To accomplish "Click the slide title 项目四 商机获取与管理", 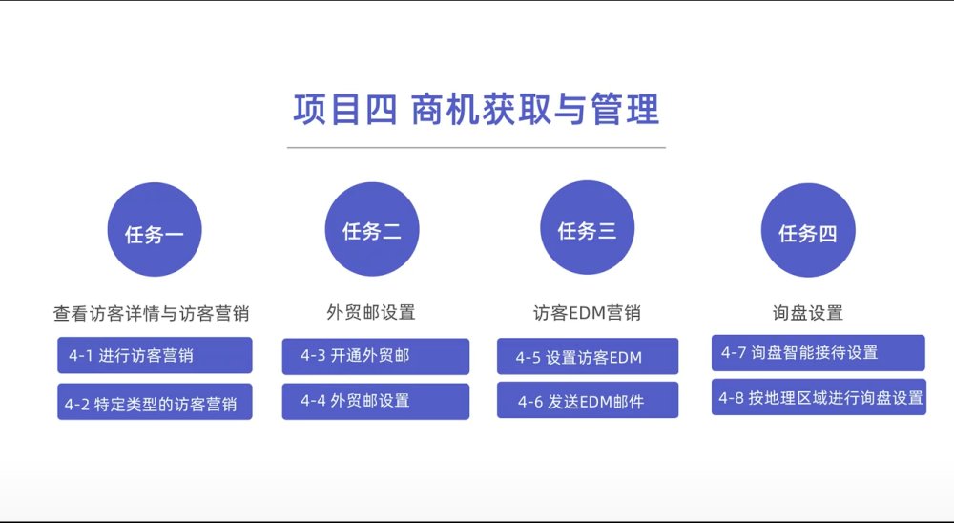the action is (476, 110).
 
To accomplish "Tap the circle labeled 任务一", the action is (155, 230).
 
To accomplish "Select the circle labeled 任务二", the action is (372, 229).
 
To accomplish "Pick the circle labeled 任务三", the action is (587, 227).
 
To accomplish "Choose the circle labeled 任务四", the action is (808, 230).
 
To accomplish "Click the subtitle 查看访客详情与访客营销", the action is (152, 314).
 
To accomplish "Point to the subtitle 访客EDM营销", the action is (587, 313).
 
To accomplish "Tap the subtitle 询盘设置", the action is (808, 313).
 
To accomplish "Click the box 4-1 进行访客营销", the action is (155, 355).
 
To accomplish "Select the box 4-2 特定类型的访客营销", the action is (155, 401).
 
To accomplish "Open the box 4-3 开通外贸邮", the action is (375, 356).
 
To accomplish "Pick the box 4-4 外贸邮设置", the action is (375, 401).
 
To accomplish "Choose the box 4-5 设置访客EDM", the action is (587, 356).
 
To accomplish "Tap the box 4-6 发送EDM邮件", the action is (587, 400).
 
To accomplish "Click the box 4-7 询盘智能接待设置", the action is (819, 352).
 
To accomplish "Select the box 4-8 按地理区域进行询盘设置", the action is (819, 397).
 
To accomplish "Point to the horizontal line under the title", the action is (476, 147).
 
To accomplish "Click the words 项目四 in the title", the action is (345, 110).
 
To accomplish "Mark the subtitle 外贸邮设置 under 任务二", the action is (371, 312).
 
